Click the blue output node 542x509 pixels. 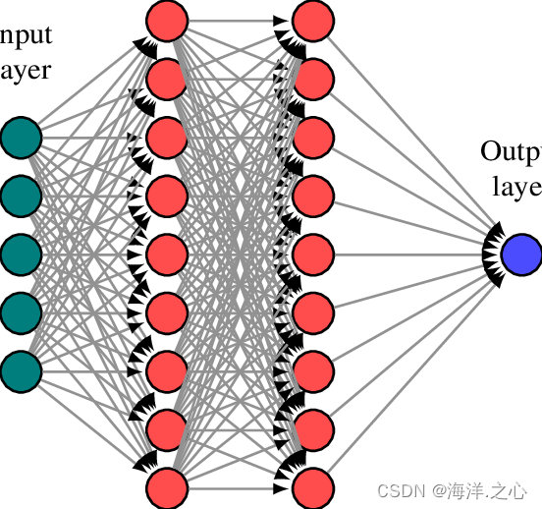520,253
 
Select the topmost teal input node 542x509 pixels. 21,137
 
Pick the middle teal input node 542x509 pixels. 21,254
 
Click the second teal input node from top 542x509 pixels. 21,195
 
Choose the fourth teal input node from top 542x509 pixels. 21,311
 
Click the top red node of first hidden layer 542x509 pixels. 167,19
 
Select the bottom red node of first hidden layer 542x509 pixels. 167,486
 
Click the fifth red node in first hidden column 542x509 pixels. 167,253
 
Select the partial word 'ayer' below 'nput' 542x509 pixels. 25,70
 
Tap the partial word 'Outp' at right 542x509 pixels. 511,152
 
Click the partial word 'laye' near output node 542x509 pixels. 516,187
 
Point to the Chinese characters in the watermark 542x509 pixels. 488,489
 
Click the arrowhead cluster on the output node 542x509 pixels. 494,253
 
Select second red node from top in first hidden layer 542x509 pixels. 167,78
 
